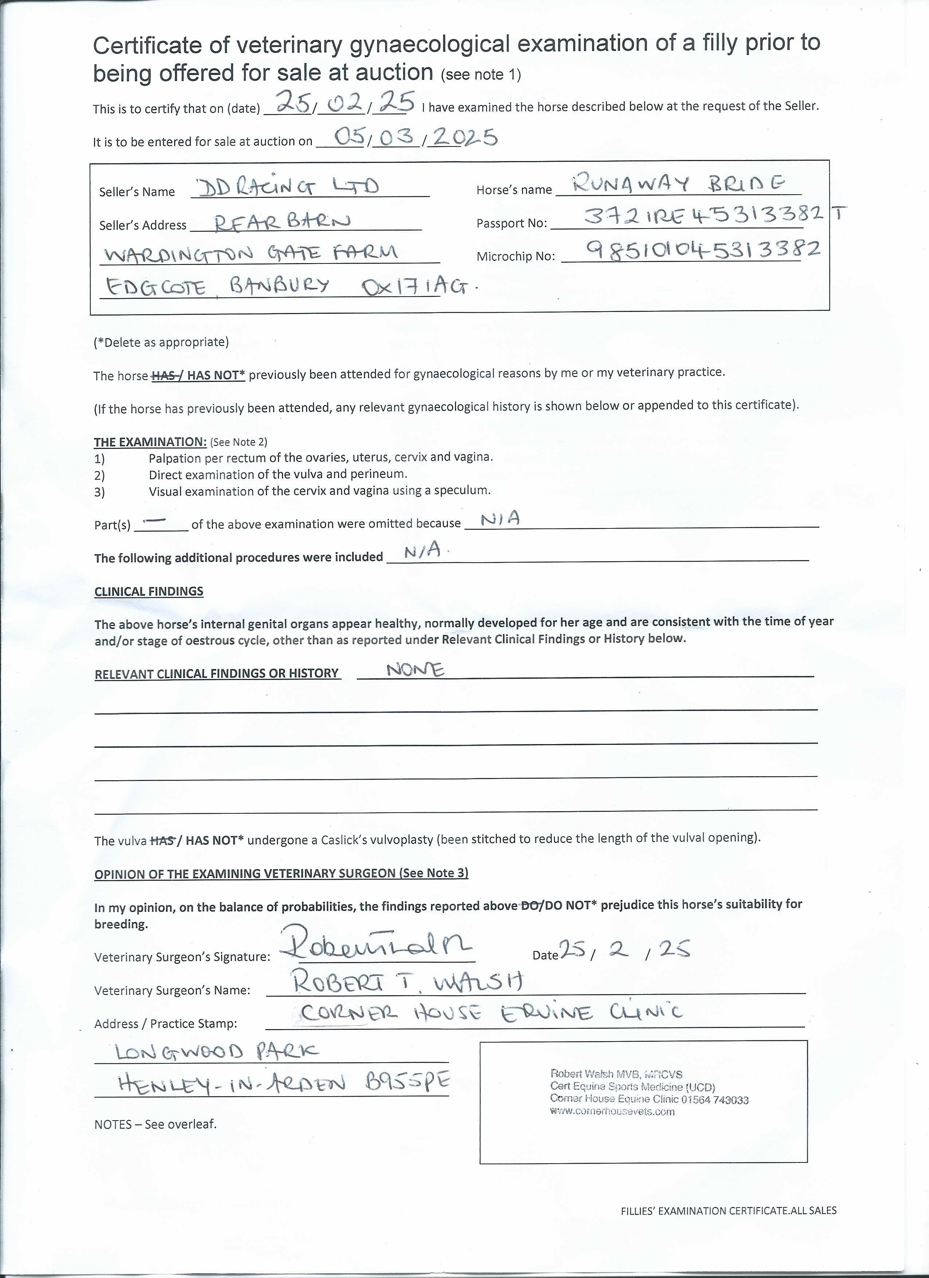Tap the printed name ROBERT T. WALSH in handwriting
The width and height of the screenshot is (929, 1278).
point(408,983)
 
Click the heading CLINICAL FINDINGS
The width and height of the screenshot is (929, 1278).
point(149,591)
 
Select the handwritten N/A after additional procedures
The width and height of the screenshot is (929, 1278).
point(423,552)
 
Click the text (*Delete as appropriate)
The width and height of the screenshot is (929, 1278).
point(161,342)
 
